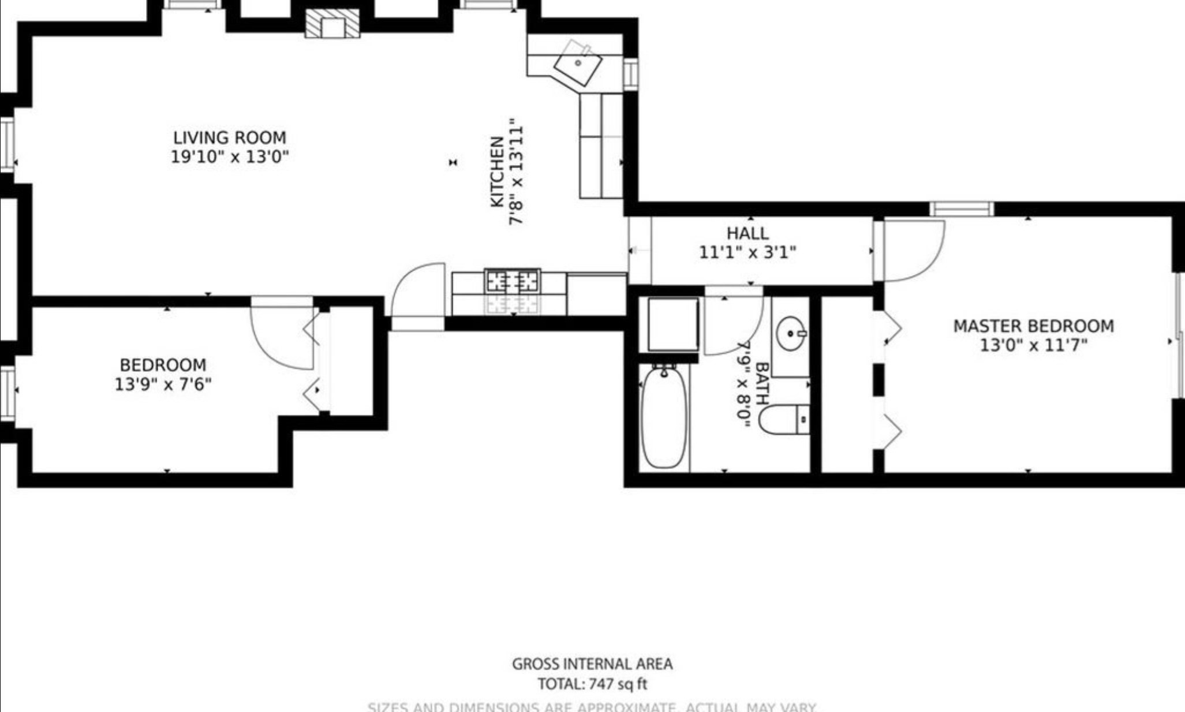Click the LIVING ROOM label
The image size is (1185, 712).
click(230, 137)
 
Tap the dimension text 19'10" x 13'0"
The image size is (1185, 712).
click(230, 156)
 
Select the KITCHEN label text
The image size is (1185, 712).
click(497, 172)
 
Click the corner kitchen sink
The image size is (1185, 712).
click(577, 64)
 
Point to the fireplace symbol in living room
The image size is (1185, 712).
click(332, 25)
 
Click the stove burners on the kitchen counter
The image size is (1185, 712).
click(513, 281)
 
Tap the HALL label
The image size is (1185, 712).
click(747, 233)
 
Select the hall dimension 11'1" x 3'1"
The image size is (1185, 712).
click(747, 252)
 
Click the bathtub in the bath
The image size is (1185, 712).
click(664, 417)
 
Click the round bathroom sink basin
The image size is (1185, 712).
click(790, 334)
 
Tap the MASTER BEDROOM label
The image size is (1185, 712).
click(1033, 326)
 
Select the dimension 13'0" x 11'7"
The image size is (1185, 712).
click(1033, 345)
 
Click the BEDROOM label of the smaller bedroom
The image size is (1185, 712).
click(163, 365)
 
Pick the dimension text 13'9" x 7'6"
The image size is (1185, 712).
click(163, 384)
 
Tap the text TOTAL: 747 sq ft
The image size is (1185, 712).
click(592, 684)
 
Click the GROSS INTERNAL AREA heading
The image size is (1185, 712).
click(592, 664)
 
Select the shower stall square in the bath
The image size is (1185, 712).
click(673, 324)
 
